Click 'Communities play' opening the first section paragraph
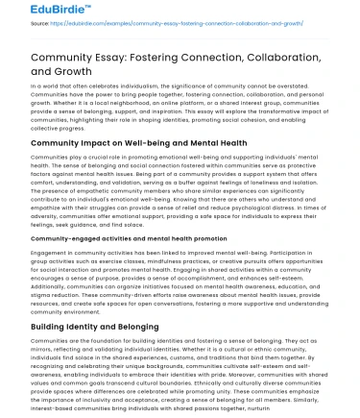pos(42,155)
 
